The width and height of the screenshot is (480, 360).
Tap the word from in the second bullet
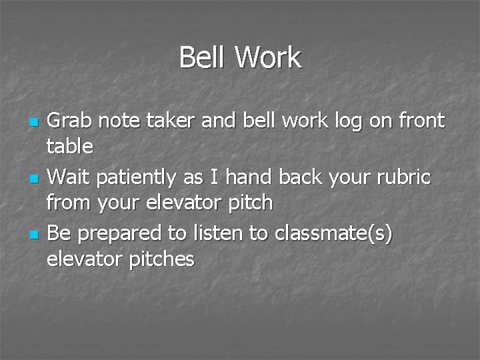pos(69,201)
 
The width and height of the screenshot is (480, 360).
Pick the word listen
pos(225,233)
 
